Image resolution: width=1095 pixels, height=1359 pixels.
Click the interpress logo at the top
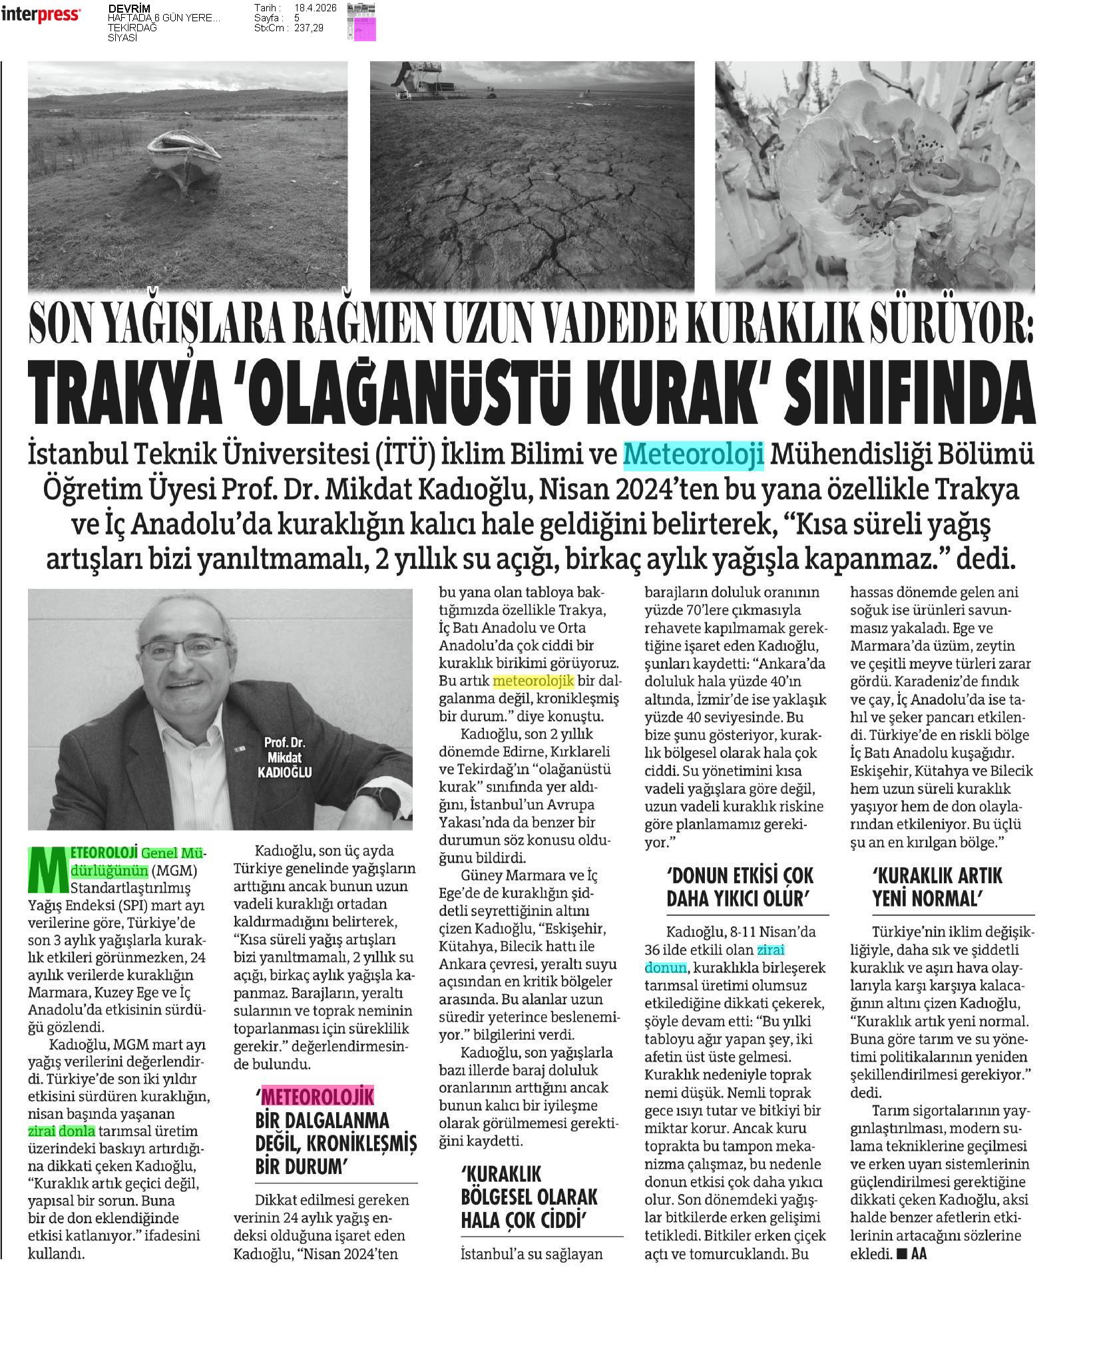pyautogui.click(x=41, y=15)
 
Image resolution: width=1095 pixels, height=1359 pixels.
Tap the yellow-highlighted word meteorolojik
pyautogui.click(x=523, y=681)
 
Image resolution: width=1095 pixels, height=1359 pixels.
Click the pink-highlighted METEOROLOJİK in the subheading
pyautogui.click(x=318, y=1097)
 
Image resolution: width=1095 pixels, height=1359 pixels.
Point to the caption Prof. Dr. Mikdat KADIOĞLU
pyautogui.click(x=284, y=757)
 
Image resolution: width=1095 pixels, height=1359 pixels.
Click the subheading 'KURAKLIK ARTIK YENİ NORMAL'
pyautogui.click(x=928, y=887)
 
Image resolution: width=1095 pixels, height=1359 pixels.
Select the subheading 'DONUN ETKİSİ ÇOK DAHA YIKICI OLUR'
pyautogui.click(x=740, y=887)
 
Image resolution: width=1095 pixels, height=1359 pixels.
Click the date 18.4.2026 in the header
pyautogui.click(x=315, y=8)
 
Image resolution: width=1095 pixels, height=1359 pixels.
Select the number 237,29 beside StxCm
pyautogui.click(x=309, y=28)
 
